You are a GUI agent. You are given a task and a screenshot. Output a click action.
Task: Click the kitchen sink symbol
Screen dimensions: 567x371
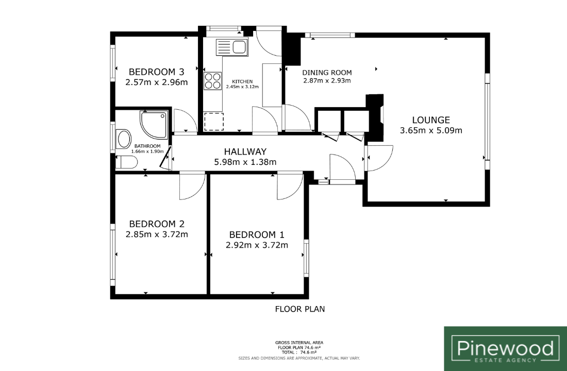[232, 47]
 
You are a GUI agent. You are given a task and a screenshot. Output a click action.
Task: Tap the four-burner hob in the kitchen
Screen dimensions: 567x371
[212, 80]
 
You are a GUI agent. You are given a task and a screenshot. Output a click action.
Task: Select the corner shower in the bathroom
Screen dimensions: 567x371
[154, 125]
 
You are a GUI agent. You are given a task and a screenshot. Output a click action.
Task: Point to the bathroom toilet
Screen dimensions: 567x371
[127, 162]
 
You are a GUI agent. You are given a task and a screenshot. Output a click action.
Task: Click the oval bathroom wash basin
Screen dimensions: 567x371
[124, 139]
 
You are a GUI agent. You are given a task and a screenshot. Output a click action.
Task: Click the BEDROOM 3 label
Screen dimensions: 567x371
[157, 72]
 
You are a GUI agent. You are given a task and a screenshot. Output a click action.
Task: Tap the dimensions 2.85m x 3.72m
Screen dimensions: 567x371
[157, 234]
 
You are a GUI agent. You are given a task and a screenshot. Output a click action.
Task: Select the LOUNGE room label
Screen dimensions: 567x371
[431, 120]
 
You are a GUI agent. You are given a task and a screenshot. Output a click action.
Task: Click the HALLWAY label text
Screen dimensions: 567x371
[245, 151]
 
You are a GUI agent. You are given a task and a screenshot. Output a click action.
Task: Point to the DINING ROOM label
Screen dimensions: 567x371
[327, 73]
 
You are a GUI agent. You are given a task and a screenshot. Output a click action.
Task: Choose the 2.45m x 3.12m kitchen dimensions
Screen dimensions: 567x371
[242, 87]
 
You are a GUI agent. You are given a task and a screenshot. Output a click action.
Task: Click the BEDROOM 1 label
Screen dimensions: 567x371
[257, 234]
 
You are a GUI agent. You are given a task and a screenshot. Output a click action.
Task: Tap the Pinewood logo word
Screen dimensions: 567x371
[506, 348]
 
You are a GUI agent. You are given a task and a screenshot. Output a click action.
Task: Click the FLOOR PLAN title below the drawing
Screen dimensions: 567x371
[300, 309]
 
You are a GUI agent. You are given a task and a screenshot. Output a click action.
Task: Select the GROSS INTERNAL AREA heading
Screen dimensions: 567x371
[299, 343]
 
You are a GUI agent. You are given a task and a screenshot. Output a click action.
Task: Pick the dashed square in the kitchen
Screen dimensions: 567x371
[214, 122]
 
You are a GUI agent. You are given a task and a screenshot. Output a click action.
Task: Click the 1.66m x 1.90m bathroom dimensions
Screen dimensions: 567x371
[147, 151]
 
